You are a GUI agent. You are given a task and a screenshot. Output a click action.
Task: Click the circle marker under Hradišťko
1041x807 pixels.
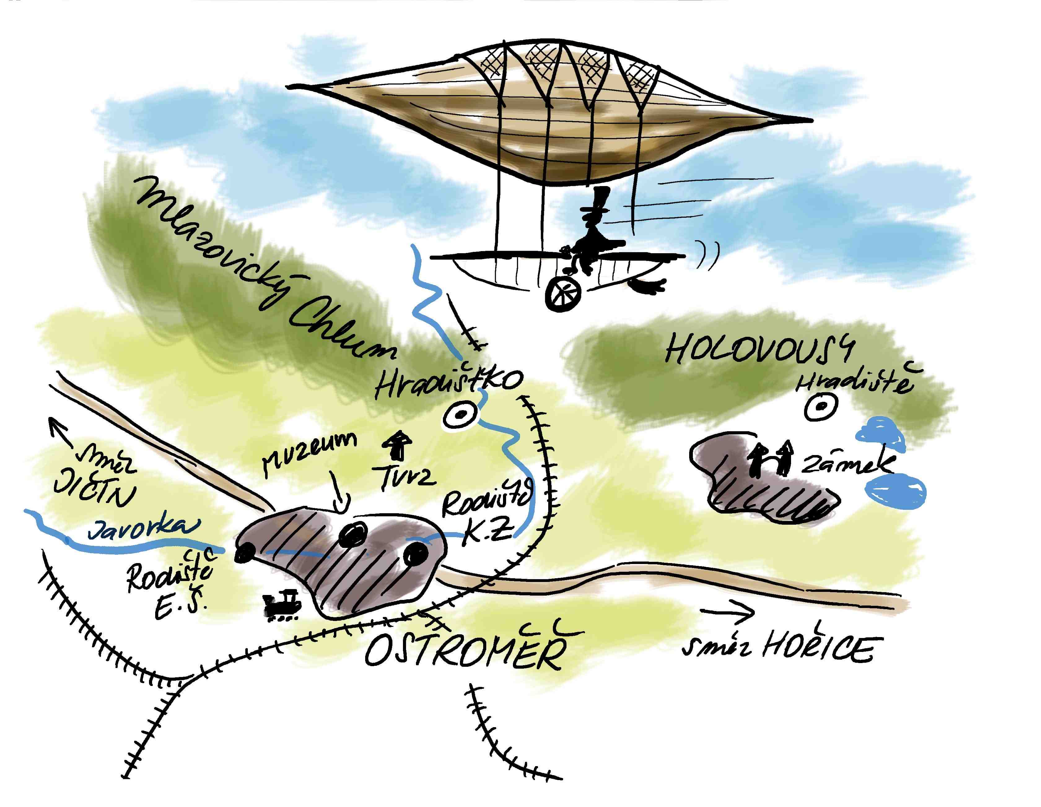[460, 415]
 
